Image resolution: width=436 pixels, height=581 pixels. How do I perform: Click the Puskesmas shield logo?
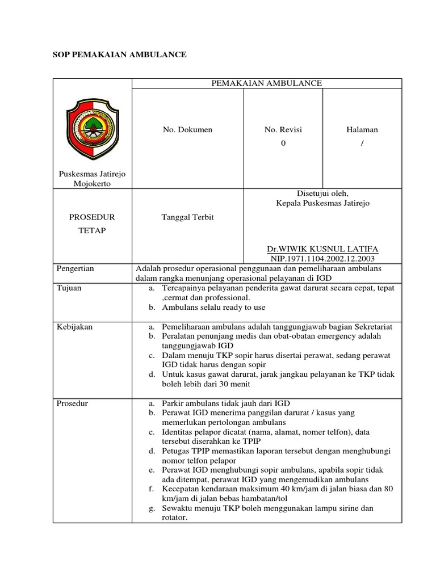tap(91, 128)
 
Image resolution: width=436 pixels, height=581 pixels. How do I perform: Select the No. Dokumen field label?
tap(187, 130)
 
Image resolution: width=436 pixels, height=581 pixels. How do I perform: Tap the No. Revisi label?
tap(283, 130)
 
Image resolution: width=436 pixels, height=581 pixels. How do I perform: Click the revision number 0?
tap(283, 144)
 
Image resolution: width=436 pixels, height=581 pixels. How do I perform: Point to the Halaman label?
tap(362, 130)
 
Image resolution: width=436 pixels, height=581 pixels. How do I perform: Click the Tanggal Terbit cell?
tap(187, 218)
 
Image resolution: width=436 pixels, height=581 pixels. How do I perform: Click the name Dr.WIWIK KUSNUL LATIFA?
tap(322, 249)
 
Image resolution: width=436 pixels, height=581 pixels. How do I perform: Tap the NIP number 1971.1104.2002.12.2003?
tap(322, 258)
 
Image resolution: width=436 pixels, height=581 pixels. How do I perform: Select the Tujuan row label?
tap(69, 288)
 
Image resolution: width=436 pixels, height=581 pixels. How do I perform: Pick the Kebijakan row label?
tap(74, 327)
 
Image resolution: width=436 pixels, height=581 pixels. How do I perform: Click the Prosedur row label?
tap(72, 403)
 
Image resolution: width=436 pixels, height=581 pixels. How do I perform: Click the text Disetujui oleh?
tap(322, 193)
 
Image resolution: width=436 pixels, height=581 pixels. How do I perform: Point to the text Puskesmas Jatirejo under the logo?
tap(92, 174)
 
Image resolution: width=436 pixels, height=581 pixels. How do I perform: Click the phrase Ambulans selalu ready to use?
tap(213, 308)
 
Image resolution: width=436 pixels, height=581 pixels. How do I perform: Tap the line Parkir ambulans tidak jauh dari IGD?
tap(226, 403)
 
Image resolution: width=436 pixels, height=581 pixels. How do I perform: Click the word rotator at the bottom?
tap(174, 517)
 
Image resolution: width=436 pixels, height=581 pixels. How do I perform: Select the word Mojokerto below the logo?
tap(92, 184)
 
